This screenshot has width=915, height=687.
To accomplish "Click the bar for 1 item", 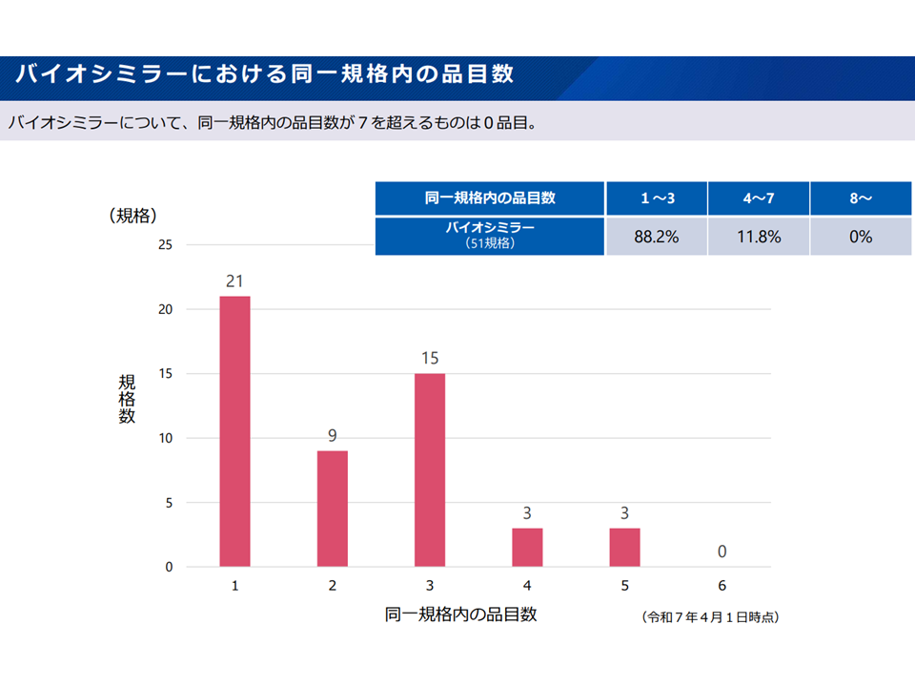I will tap(234, 431).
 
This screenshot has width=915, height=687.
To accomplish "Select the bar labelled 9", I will tap(332, 509).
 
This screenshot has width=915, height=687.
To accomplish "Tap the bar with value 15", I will tap(430, 469).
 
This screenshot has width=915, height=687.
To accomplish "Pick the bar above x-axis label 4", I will tap(527, 548).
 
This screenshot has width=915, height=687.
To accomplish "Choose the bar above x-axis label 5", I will tap(624, 548).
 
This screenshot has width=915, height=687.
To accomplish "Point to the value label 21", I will tap(234, 281).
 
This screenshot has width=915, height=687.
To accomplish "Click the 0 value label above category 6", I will tap(722, 552).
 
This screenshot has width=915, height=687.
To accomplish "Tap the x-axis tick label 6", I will tap(722, 586).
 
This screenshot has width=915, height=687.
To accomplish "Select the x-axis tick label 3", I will tap(430, 586).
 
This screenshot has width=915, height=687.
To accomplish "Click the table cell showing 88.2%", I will tap(656, 237).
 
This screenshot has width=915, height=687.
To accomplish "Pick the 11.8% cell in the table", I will tap(759, 237).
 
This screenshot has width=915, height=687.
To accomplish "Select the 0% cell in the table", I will tap(861, 237).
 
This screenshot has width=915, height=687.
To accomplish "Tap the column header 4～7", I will tap(759, 198).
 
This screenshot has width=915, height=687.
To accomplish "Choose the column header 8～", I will tap(861, 198).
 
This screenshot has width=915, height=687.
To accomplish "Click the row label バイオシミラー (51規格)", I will tap(490, 236).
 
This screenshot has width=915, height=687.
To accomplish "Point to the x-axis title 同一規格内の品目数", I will tap(460, 614).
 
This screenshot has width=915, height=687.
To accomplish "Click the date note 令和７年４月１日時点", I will tap(711, 617).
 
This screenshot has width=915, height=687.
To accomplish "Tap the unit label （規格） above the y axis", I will tap(132, 215).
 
